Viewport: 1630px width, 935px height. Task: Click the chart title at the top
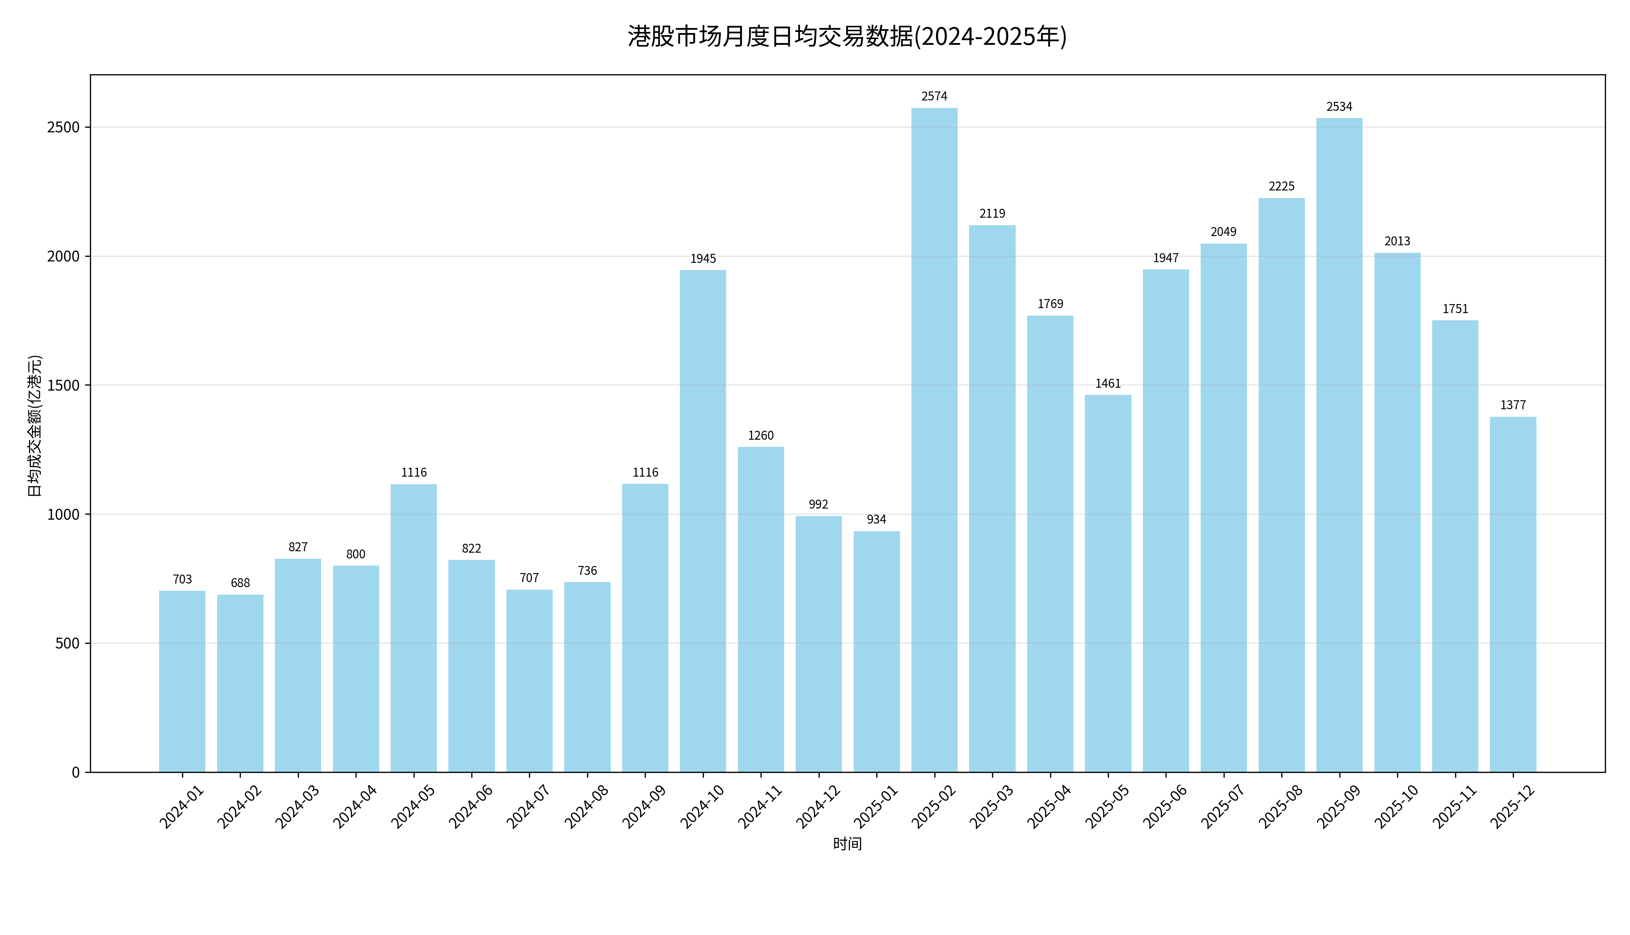(847, 37)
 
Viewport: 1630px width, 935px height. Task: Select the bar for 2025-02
(934, 440)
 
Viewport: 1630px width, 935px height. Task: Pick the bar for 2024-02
(240, 683)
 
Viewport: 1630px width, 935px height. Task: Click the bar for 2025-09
(1339, 445)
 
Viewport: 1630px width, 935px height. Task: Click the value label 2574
(934, 96)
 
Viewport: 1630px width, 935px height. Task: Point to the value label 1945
(703, 259)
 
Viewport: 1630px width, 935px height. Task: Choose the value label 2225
(1282, 186)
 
